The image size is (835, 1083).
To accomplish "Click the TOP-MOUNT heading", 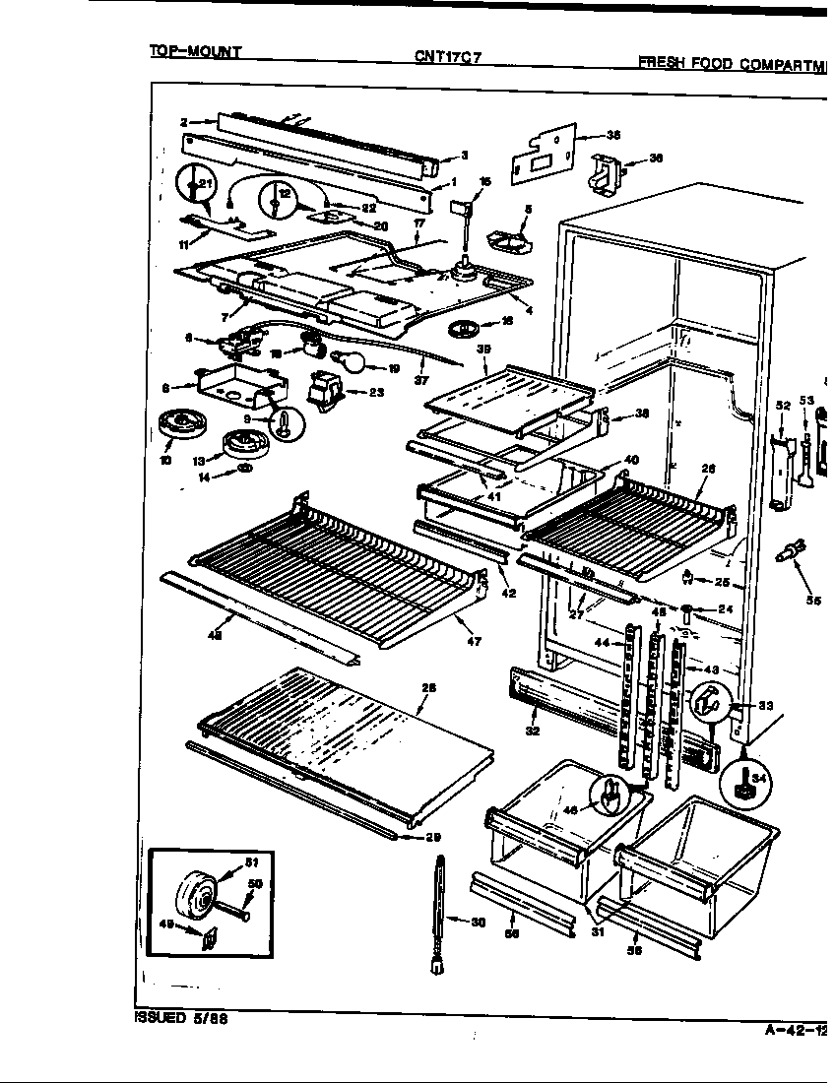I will tap(195, 50).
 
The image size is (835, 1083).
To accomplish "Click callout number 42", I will tap(508, 594).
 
